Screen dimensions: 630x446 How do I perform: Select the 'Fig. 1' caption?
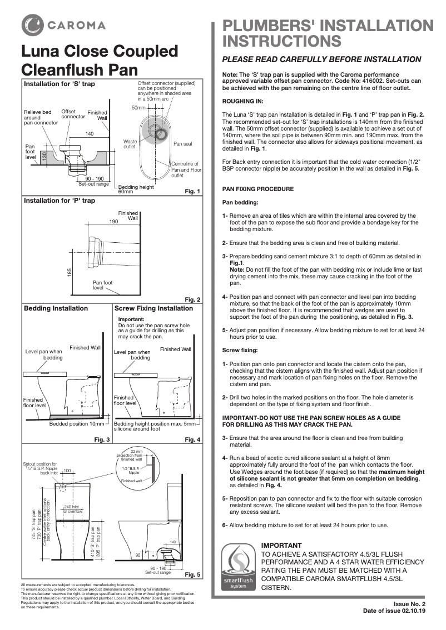(x=192, y=191)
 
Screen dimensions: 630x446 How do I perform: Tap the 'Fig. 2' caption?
(x=192, y=299)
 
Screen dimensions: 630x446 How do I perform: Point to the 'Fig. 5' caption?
(x=192, y=574)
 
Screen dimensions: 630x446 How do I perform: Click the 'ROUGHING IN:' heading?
(x=242, y=101)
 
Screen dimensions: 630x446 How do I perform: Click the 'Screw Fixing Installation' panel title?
(x=153, y=308)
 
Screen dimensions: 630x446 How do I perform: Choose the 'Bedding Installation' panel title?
(x=56, y=308)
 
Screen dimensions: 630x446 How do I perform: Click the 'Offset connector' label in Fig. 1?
(x=73, y=114)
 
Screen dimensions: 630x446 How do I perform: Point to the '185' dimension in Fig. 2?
(x=70, y=273)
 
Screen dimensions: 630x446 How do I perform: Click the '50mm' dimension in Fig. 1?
(x=138, y=106)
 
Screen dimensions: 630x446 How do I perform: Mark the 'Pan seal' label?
(x=182, y=144)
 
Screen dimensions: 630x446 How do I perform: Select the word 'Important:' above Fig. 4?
(x=131, y=319)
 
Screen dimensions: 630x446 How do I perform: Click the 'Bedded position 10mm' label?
(x=77, y=424)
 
